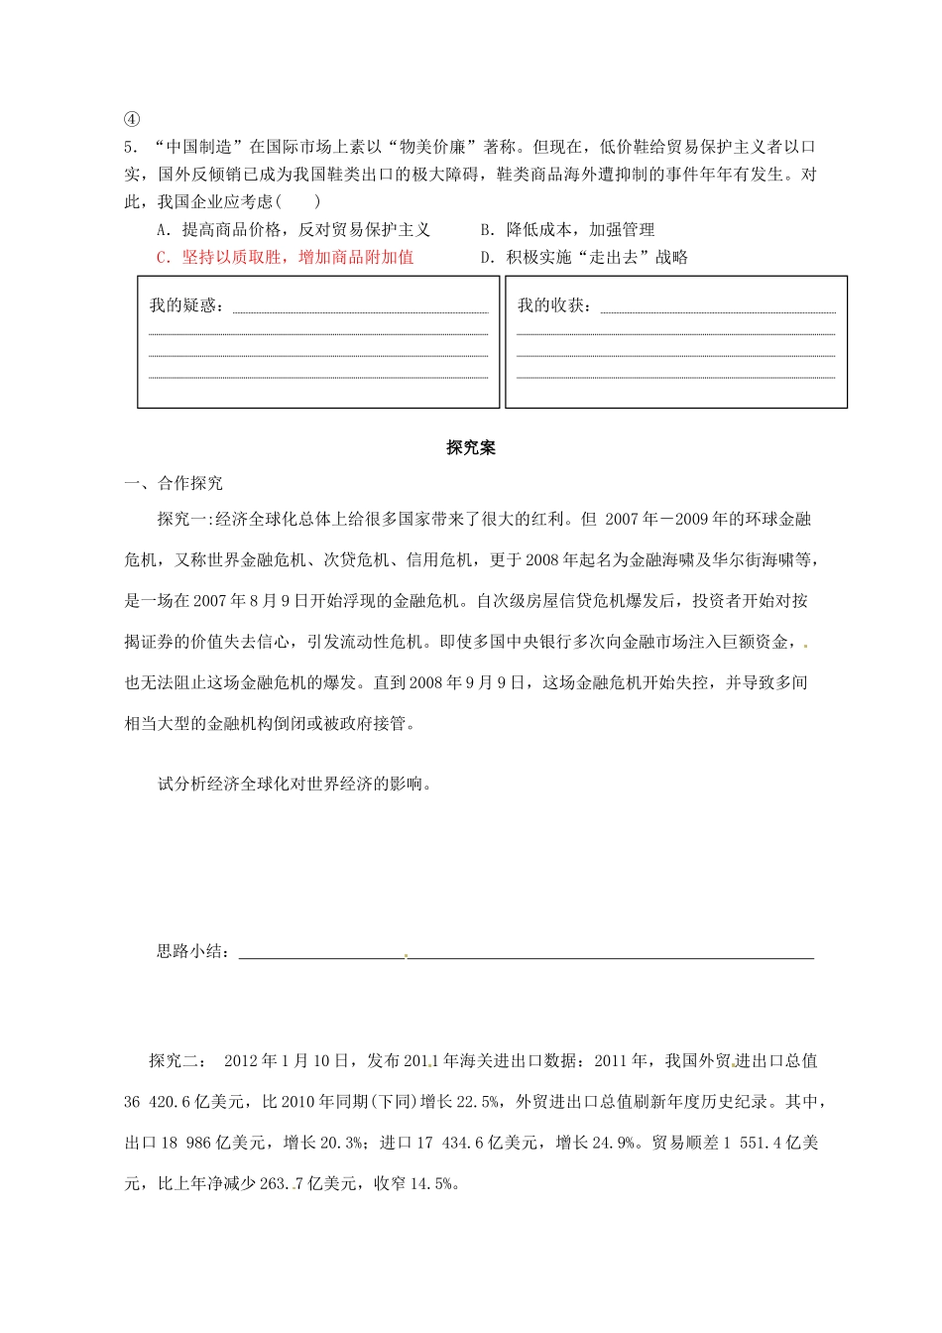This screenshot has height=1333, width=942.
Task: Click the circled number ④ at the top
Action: [x=132, y=119]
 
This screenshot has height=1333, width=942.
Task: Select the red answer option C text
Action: [x=286, y=257]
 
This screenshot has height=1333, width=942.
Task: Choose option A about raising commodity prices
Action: [x=294, y=229]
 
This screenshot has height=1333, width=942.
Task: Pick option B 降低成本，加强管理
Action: [x=567, y=229]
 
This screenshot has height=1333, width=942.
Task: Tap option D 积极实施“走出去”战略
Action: [x=584, y=257]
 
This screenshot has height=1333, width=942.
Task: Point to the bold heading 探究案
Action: [x=470, y=448]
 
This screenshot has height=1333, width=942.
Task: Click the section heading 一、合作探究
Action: [x=174, y=483]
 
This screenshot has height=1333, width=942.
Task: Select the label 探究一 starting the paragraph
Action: [x=183, y=519]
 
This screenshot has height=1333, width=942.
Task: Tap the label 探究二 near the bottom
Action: [x=177, y=1060]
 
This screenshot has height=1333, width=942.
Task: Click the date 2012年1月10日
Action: [x=287, y=1060]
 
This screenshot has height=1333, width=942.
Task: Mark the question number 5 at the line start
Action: [x=129, y=147]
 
